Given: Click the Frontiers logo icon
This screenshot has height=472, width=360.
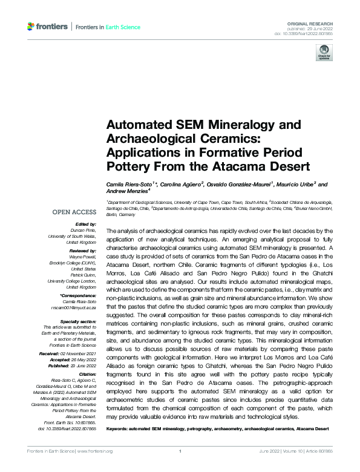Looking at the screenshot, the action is (32, 27).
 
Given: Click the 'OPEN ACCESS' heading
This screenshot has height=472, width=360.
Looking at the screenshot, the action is (74, 212).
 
